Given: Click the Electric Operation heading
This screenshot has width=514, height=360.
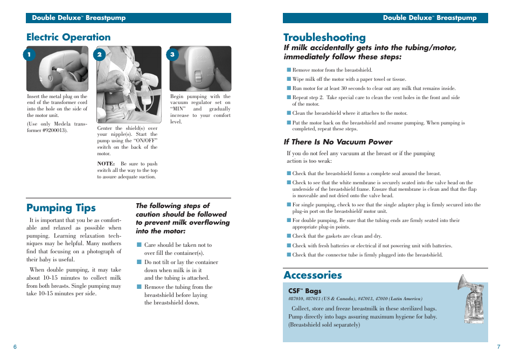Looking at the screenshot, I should pos(68,37).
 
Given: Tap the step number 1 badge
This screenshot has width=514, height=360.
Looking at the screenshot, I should pos(30,54).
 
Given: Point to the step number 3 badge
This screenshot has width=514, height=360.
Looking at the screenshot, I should pos(172,54).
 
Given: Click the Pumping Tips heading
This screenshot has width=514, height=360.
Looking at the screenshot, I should pos(61,208).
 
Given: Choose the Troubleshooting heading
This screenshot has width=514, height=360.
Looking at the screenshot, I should pos(324,37).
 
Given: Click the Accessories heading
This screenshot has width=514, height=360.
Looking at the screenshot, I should pos(312,275).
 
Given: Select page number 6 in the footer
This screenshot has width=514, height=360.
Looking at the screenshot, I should pos(15,347).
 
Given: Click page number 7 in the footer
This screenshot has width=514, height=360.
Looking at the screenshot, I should pos(498,347).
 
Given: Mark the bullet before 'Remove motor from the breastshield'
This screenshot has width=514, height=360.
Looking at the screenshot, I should pos(289,70).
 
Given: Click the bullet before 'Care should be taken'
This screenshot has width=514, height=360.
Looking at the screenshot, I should pos(138,245).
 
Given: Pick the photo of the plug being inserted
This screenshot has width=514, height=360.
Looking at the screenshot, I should pos(57,68).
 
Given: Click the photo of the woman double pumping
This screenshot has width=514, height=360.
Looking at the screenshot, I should pos(129,85).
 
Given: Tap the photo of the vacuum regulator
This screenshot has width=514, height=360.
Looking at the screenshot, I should pos(200,68).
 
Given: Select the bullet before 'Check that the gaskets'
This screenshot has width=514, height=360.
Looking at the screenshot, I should pos(289,236).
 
